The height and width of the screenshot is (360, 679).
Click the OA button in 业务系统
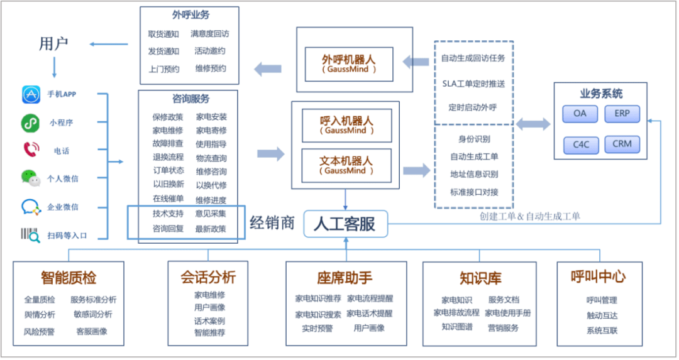pos(579,114)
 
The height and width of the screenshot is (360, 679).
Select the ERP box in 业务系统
pos(621,114)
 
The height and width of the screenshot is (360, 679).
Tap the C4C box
pos(580,145)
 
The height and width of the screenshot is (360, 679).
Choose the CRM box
pos(621,144)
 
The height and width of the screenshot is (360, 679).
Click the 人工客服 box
pos(345,224)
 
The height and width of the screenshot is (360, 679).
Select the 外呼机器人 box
pos(348,63)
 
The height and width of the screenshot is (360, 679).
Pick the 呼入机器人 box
pos(346,124)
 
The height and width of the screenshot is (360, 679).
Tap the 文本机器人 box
pos(346,165)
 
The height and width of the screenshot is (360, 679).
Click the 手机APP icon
pos(31,94)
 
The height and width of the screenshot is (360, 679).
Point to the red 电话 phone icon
pos(30,150)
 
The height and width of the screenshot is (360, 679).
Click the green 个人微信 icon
pos(30,178)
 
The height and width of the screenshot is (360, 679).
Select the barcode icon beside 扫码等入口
pos(30,234)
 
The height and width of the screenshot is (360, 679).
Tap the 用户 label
pos(53,43)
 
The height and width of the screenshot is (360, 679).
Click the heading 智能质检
pos(69,277)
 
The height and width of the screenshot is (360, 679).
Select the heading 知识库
pos(480,278)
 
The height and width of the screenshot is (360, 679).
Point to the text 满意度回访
pos(210,34)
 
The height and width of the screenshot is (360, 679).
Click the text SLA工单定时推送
pos(473,83)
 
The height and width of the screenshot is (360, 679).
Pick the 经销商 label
pos(272,223)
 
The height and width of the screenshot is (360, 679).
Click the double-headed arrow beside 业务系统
pos(533,124)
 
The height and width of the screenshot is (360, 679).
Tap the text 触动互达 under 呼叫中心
pos(602,315)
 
